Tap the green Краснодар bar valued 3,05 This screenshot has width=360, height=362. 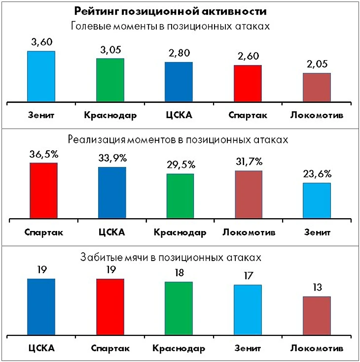[110, 80]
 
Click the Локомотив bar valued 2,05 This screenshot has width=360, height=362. [317, 87]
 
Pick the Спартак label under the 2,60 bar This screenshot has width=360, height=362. [248, 116]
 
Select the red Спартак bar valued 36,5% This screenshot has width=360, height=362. [43, 191]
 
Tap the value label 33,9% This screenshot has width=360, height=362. [112, 158]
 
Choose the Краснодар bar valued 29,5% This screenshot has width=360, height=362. [180, 196]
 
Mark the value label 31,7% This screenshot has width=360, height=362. [249, 162]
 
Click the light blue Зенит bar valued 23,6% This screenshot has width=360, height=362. [317, 200]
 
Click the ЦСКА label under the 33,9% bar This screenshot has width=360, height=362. [111, 232]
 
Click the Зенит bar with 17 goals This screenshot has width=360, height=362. [248, 310]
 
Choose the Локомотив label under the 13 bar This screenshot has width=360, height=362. [317, 348]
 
